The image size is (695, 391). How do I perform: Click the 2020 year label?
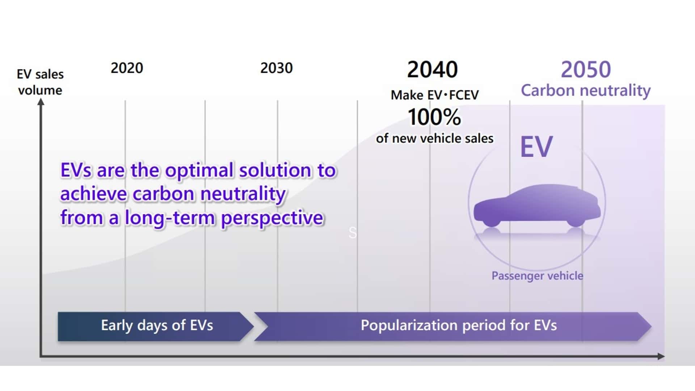(127, 68)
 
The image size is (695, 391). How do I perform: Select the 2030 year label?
(276, 68)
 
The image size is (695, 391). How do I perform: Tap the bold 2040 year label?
(432, 70)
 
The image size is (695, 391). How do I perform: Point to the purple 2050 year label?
(586, 70)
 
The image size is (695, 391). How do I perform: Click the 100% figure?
(434, 117)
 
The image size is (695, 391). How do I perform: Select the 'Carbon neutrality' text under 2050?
(585, 91)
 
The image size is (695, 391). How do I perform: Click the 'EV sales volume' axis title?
(40, 82)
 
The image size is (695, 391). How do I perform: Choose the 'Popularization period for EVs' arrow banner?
(452, 326)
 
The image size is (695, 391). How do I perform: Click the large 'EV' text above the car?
(536, 147)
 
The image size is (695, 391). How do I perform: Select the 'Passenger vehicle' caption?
(537, 276)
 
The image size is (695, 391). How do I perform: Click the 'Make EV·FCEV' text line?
(434, 95)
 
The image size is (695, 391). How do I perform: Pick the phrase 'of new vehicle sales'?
(434, 138)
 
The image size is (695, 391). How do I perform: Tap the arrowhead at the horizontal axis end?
(661, 356)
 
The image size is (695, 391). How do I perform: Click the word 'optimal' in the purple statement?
(199, 170)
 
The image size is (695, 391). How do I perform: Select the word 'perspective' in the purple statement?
(272, 218)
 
